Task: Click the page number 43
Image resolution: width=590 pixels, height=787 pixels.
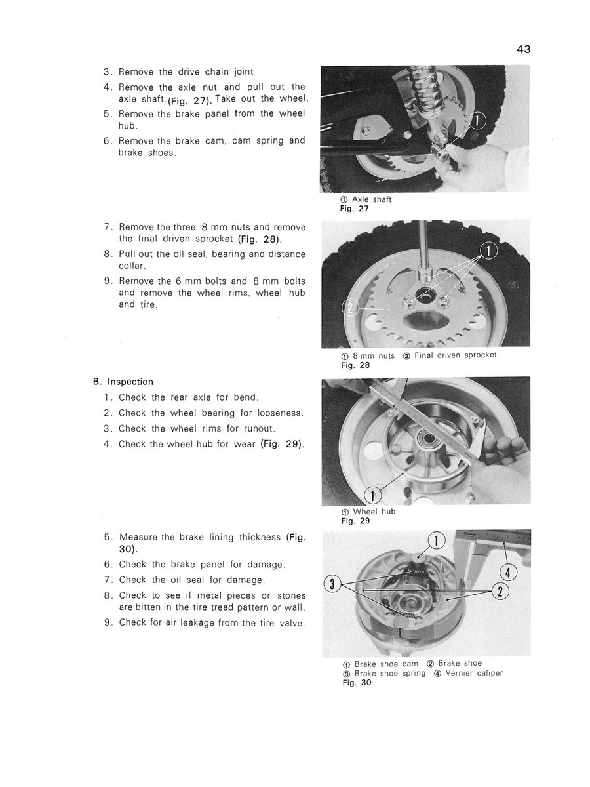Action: click(522, 49)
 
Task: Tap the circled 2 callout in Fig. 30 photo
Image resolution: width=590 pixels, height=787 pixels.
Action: click(500, 592)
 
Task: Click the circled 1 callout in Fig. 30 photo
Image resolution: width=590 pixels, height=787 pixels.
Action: click(436, 541)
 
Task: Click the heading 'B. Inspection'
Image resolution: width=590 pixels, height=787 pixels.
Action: click(123, 382)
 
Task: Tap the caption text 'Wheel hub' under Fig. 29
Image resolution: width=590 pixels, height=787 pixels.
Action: click(374, 512)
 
